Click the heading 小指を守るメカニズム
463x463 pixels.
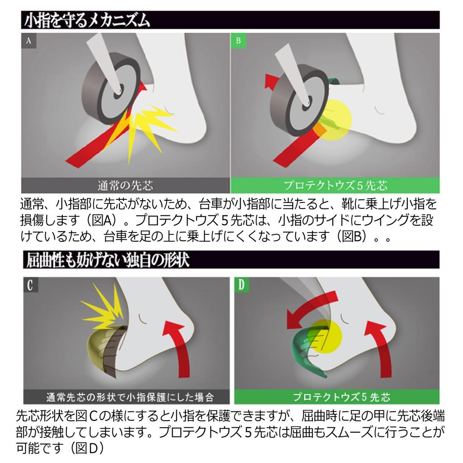pos(87,21)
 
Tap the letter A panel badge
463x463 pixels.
pos(28,41)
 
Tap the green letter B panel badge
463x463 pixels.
pos(238,41)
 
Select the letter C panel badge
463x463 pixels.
pos(30,285)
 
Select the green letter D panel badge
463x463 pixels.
pos(241,285)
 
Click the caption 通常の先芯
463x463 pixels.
pos(125,185)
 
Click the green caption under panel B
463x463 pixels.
pos(335,185)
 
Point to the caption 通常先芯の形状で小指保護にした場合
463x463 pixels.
pos(130,397)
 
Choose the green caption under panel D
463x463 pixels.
pos(342,397)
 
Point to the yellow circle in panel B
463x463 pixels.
pos(335,119)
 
